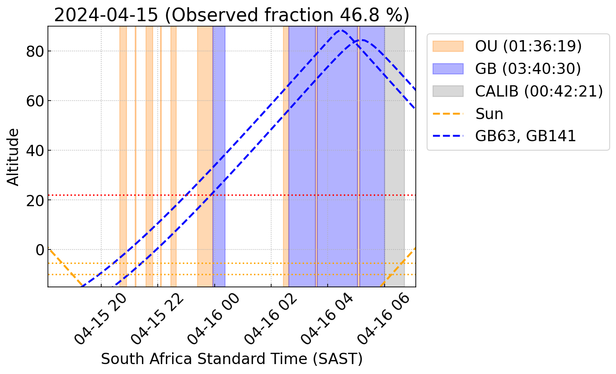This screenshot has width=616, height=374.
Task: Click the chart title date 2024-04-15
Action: click(106, 15)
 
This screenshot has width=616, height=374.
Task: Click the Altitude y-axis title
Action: click(14, 157)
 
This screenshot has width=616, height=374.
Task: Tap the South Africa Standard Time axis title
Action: click(231, 359)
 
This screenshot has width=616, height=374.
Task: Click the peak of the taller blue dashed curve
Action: click(341, 31)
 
